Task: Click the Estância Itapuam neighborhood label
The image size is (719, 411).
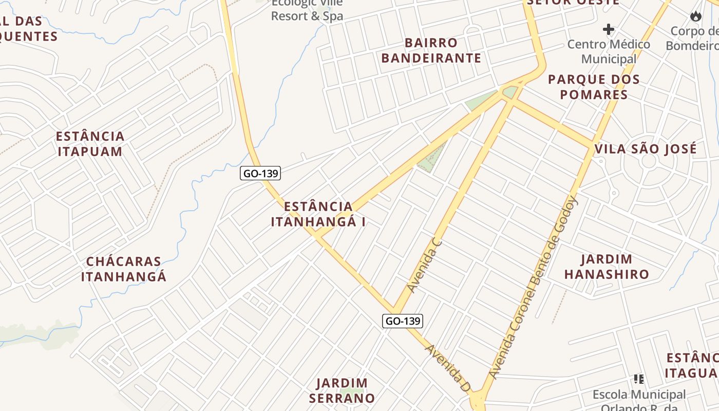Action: pyautogui.click(x=90, y=144)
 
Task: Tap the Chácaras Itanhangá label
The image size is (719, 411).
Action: pyautogui.click(x=124, y=269)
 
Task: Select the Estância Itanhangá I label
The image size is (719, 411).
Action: pyautogui.click(x=318, y=214)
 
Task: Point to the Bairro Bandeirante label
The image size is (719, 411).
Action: pyautogui.click(x=431, y=50)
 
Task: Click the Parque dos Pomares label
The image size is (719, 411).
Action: pyautogui.click(x=594, y=87)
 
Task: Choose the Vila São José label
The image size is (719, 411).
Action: pyautogui.click(x=646, y=149)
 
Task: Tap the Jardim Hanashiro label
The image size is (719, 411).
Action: pyautogui.click(x=607, y=266)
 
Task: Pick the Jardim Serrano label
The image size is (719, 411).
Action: pyautogui.click(x=342, y=390)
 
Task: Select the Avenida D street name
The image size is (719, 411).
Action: pyautogui.click(x=447, y=368)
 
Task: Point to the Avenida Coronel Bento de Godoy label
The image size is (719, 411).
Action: pyautogui.click(x=534, y=287)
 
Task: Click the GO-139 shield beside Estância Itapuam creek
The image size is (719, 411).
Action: pyautogui.click(x=260, y=173)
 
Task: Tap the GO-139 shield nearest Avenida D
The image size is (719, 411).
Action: pyautogui.click(x=403, y=321)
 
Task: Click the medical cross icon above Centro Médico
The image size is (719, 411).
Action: pyautogui.click(x=609, y=29)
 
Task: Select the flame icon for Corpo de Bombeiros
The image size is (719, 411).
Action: pyautogui.click(x=696, y=16)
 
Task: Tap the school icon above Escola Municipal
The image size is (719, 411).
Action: pyautogui.click(x=639, y=379)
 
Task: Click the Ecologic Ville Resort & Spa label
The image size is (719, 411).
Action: pyautogui.click(x=307, y=10)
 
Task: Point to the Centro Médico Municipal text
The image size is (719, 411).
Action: pyautogui.click(x=609, y=51)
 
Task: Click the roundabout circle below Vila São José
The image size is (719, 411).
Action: pyautogui.click(x=649, y=161)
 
